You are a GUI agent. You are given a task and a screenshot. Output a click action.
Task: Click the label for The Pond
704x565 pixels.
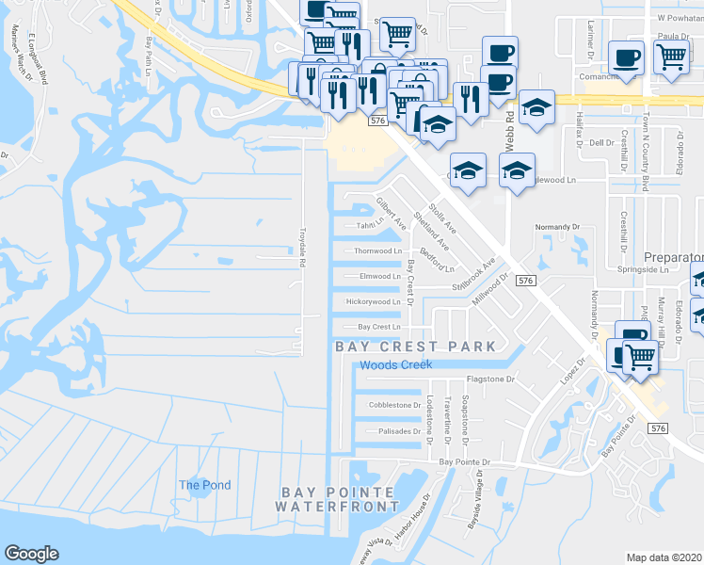point(204,485)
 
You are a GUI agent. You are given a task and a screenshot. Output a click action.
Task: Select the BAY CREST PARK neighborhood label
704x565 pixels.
point(415,347)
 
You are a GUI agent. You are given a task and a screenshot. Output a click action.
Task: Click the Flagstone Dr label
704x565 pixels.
point(492,379)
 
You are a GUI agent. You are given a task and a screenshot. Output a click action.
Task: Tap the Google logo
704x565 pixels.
point(31,554)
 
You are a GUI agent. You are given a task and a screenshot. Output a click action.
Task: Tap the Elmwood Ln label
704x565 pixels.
point(380,277)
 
